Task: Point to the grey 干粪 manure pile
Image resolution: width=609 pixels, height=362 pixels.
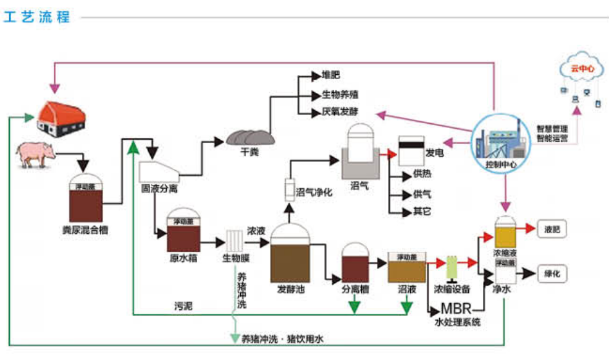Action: (250, 136)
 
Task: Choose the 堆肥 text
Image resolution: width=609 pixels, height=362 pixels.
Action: (331, 75)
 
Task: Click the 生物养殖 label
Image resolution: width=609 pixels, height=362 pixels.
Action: (340, 95)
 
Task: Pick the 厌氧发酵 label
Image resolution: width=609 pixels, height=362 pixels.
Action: (340, 112)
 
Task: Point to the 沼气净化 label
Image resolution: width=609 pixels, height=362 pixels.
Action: (314, 192)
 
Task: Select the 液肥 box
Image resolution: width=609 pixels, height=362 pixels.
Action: (552, 229)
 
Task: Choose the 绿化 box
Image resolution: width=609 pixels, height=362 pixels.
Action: (552, 273)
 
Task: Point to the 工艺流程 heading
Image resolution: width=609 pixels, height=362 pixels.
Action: (37, 17)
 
